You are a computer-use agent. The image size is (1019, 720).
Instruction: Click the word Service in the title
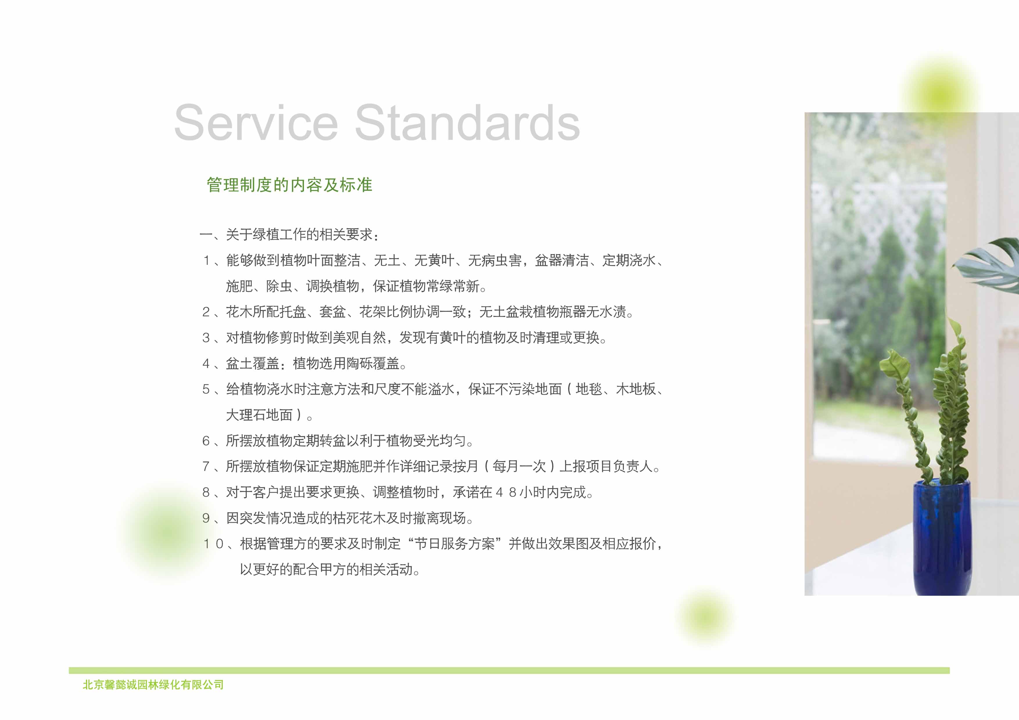pos(256,123)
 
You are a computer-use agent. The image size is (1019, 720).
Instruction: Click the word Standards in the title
pos(467,123)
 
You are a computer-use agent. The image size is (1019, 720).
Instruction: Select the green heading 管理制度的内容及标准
pos(289,185)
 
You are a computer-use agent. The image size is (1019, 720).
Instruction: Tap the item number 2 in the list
pos(206,312)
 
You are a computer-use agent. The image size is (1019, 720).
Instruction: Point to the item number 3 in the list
pos(206,338)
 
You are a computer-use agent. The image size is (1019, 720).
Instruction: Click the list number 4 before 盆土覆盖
pos(206,363)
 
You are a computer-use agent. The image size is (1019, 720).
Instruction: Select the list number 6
pos(206,440)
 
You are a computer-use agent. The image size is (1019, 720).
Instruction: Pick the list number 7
pos(206,466)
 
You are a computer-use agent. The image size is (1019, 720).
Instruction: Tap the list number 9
pos(206,518)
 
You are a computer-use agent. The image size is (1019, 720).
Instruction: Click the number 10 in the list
pos(213,543)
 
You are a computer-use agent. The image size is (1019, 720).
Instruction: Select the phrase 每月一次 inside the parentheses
pos(519,466)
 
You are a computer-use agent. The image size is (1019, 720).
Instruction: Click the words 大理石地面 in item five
pos(259,415)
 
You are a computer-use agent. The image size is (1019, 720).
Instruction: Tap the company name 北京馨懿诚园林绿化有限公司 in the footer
pos(153,685)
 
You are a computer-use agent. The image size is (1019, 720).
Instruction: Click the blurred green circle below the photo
pos(705,617)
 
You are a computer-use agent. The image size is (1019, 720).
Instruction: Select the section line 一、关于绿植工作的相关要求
pos(289,234)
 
